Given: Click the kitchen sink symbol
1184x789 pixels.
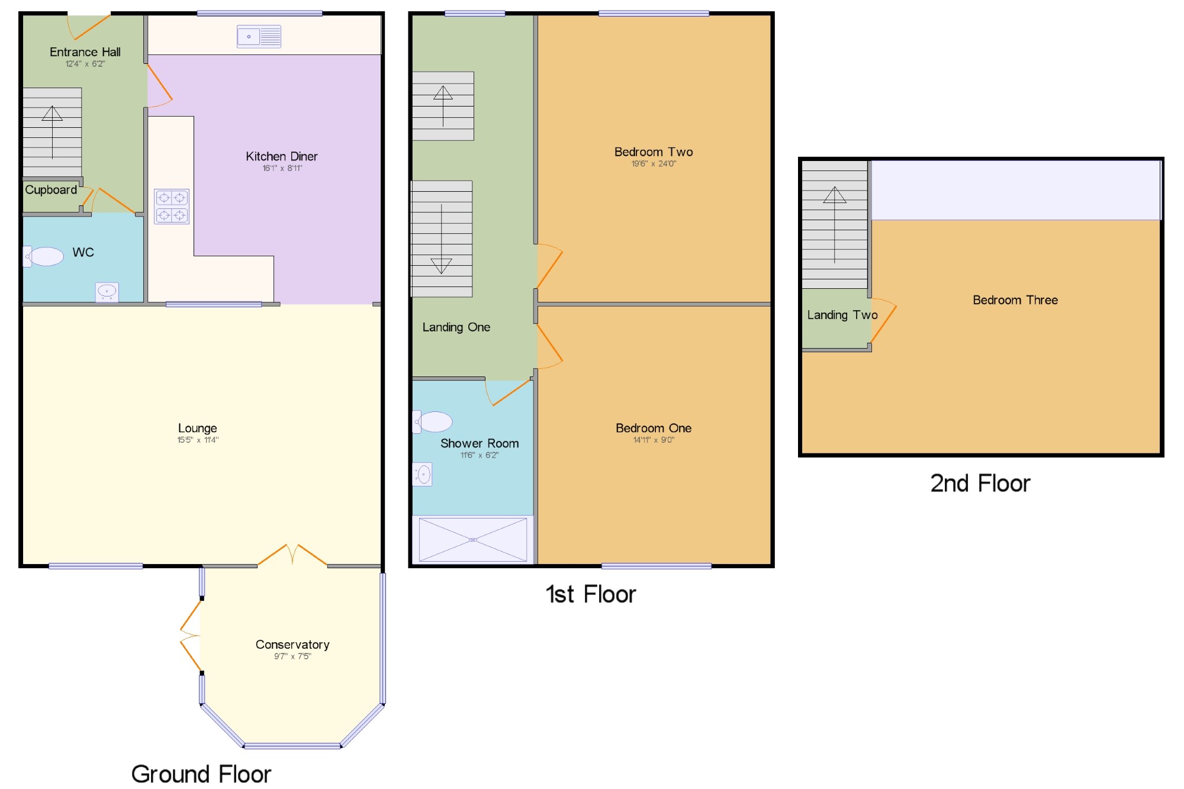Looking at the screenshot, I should click(x=259, y=37).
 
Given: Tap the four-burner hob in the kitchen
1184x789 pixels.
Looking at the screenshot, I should click(x=172, y=206).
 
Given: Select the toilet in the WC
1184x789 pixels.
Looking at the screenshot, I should click(x=44, y=256).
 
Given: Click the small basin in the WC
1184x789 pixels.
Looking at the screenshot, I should click(x=107, y=291).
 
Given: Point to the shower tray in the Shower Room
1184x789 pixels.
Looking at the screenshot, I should click(x=473, y=539).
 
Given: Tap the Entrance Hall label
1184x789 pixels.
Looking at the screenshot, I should click(x=85, y=52).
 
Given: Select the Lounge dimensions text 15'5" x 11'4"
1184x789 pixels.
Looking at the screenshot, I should click(x=198, y=440).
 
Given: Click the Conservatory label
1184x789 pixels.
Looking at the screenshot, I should click(x=292, y=644).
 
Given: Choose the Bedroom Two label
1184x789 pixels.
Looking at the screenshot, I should click(x=654, y=152).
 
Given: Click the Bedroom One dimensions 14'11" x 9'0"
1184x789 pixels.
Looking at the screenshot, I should click(x=654, y=440).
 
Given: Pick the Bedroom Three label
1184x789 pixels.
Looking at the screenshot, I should click(x=1015, y=300).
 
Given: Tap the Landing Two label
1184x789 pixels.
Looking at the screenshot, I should click(x=842, y=315).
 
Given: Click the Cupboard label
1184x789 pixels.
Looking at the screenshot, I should click(x=51, y=190).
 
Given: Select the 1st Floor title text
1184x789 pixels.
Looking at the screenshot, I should click(x=590, y=594).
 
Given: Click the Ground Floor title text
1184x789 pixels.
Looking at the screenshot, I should click(x=201, y=774).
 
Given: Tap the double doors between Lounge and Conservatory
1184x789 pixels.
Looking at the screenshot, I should click(x=292, y=555).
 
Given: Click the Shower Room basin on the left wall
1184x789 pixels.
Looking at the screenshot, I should click(x=423, y=474).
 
